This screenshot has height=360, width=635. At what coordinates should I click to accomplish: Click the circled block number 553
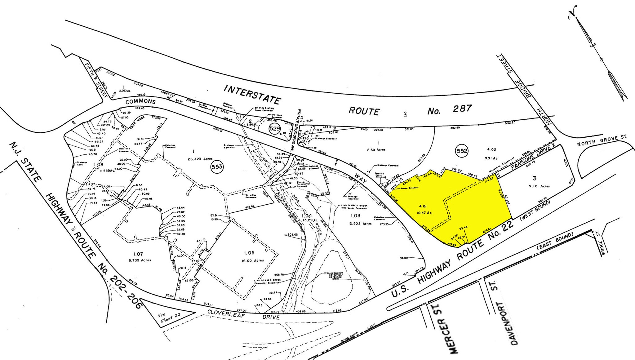217,167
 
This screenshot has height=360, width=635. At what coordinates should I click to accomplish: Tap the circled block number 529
275,128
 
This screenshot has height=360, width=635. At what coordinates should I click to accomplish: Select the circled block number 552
462,151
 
